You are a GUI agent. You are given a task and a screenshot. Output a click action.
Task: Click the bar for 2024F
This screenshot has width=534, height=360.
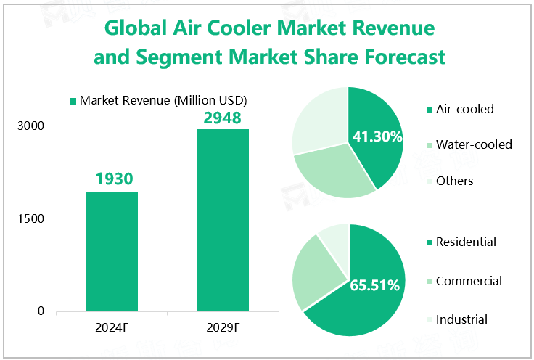pyautogui.click(x=112, y=252)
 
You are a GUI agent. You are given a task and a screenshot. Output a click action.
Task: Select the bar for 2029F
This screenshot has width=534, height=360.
pyautogui.click(x=223, y=221)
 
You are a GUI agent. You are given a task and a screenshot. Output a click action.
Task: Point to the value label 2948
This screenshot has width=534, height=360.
pyautogui.click(x=222, y=116)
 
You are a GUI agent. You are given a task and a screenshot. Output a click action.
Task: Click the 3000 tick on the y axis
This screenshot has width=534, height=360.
pyautogui.click(x=31, y=126)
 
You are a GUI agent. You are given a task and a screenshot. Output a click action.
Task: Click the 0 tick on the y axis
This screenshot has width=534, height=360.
pyautogui.click(x=41, y=311)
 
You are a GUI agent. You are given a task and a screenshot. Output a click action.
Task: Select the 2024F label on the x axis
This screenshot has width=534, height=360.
pyautogui.click(x=112, y=327)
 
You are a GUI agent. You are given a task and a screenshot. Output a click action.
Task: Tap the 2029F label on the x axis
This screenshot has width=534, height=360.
pyautogui.click(x=222, y=327)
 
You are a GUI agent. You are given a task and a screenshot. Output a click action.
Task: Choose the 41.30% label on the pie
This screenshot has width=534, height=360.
pyautogui.click(x=377, y=136)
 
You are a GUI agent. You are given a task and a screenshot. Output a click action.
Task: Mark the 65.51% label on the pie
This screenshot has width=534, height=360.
pyautogui.click(x=375, y=285)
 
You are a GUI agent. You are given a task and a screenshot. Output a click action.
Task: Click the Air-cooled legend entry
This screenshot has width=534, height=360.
pyautogui.click(x=464, y=110)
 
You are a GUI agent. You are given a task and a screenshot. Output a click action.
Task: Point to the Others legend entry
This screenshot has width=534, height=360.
pyautogui.click(x=454, y=181)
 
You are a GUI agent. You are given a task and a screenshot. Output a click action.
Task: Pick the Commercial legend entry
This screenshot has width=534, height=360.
pyautogui.click(x=469, y=281)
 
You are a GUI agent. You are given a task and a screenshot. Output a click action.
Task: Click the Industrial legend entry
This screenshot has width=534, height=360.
pyautogui.click(x=461, y=319)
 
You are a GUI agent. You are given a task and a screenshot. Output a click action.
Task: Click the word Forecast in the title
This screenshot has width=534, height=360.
pyautogui.click(x=393, y=57)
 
